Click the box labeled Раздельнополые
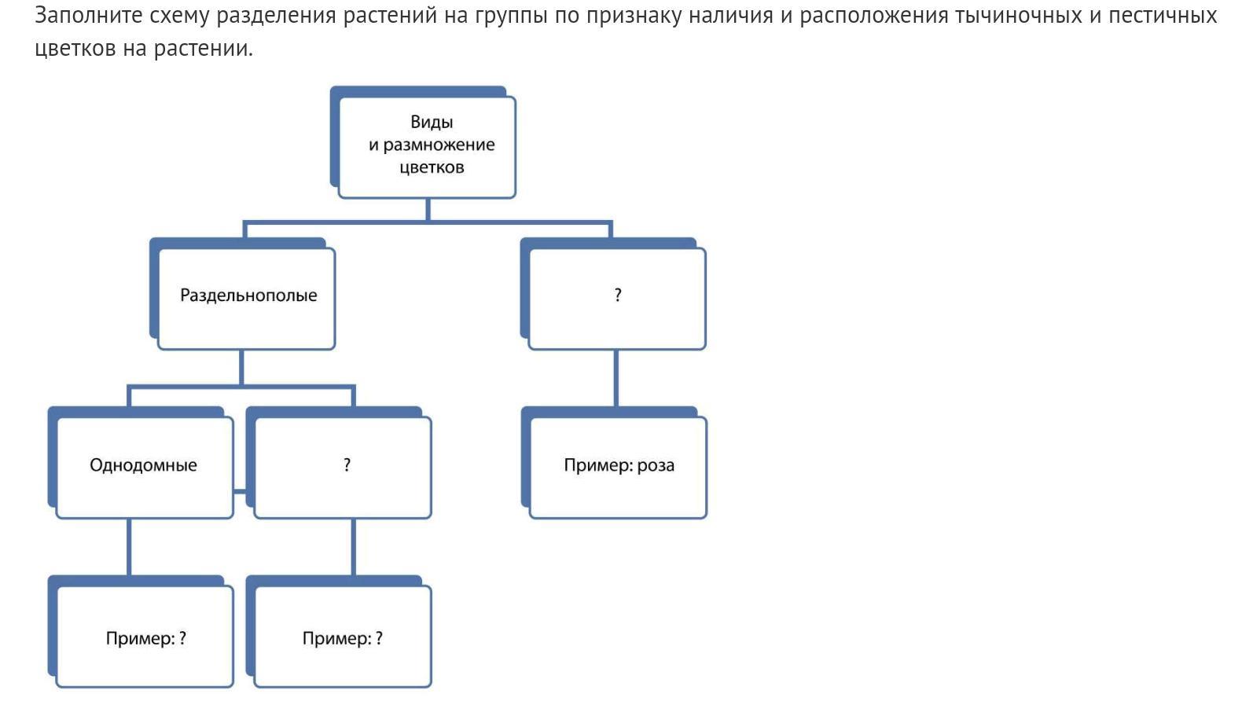247,298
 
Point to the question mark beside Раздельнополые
618,294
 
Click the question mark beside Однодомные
347,464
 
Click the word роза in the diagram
656,465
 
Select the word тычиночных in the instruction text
1018,16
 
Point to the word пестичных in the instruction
1163,16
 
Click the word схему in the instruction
180,17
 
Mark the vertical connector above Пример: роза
616,379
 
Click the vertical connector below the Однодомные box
129,548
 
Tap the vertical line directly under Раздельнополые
241,367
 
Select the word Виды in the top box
432,122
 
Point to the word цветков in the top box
432,167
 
